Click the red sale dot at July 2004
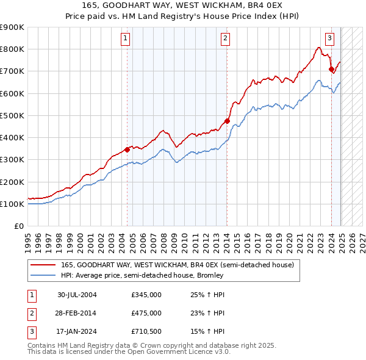127,149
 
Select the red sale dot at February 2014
226,121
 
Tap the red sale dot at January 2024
331,69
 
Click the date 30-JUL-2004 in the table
77,295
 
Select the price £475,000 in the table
146,313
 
